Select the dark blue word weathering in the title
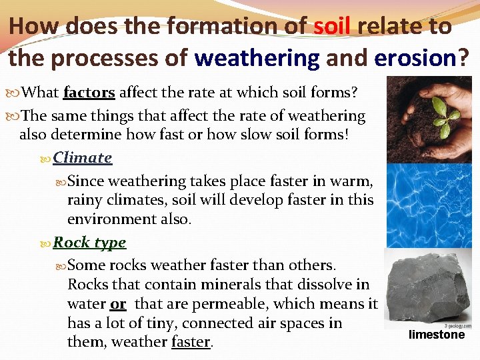point(257,58)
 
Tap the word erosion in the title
point(415,58)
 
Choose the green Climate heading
point(83,158)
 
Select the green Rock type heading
point(89,243)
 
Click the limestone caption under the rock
point(437,335)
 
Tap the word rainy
point(87,200)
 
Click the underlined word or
point(118,304)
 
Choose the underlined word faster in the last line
point(191,343)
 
